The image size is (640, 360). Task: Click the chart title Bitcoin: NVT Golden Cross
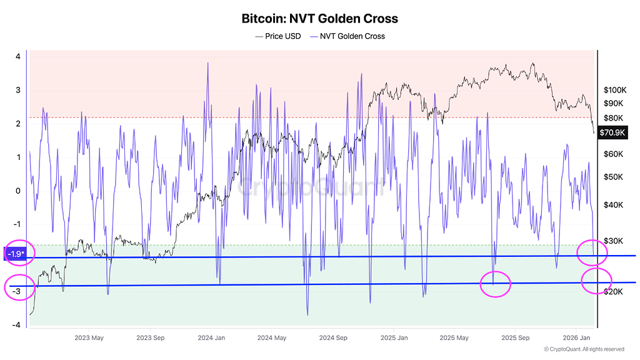tap(319, 19)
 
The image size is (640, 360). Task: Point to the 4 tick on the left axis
tap(18, 56)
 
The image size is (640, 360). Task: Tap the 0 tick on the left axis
tap(18, 191)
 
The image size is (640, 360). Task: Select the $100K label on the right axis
tap(615, 89)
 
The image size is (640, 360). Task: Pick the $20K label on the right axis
tap(615, 291)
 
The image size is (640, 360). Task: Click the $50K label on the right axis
tap(615, 177)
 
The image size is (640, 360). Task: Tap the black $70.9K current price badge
tap(613, 132)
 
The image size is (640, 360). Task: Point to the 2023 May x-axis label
tap(89, 338)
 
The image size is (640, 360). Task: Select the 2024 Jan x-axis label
tap(211, 338)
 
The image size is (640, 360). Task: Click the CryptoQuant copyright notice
tap(584, 349)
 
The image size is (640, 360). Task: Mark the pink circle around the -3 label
tap(19, 287)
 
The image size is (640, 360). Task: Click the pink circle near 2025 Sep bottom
tap(495, 284)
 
